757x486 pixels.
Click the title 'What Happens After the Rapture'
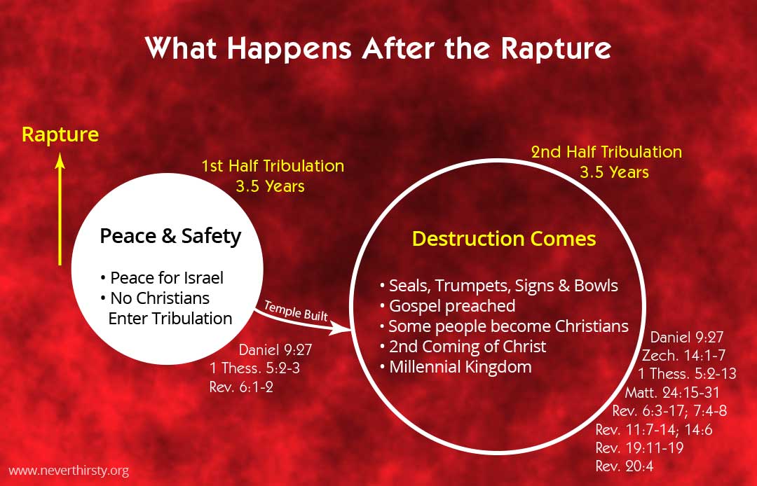(x=378, y=49)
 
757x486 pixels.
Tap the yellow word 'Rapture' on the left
(x=60, y=134)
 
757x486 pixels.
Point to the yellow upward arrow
(x=60, y=210)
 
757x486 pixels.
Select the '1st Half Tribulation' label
(x=273, y=167)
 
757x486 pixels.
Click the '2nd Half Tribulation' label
(x=606, y=152)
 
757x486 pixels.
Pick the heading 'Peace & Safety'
(x=170, y=236)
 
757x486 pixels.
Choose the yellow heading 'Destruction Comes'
(x=504, y=239)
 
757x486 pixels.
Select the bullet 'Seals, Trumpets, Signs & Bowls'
(x=498, y=286)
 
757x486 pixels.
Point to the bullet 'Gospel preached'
(x=447, y=306)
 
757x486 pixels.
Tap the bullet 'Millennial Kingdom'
(x=455, y=366)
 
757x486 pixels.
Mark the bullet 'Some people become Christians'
(x=504, y=326)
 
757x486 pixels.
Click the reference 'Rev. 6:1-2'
(x=241, y=387)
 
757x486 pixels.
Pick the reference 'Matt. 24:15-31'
(x=672, y=392)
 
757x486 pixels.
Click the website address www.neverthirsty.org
(x=69, y=471)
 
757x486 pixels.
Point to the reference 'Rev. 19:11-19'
(x=639, y=447)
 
